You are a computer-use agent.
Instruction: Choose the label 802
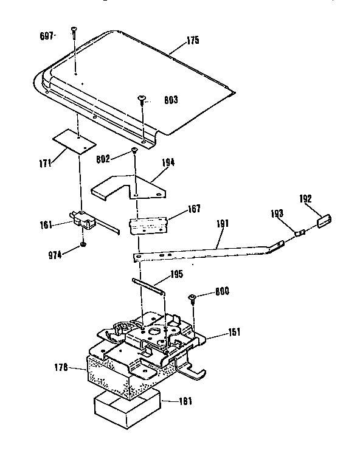pyautogui.click(x=103, y=159)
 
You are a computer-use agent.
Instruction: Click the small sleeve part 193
pyautogui.click(x=299, y=232)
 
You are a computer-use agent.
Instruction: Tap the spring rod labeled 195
pyautogui.click(x=148, y=286)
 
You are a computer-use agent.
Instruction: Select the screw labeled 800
pyautogui.click(x=192, y=297)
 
